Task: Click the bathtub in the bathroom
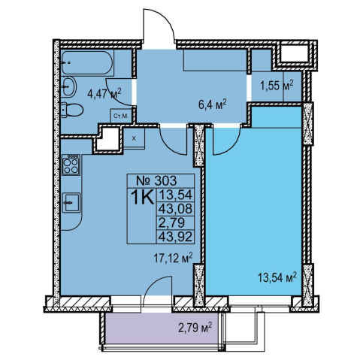(x=87, y=62)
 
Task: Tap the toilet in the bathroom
(x=71, y=110)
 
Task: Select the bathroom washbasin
(x=68, y=86)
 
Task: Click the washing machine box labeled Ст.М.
(x=121, y=116)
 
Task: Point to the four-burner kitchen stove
(x=71, y=165)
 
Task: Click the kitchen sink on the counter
(x=71, y=203)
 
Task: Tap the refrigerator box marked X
(x=134, y=138)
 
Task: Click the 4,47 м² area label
(x=104, y=93)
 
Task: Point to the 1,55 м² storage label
(x=277, y=86)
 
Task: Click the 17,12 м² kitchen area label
(x=174, y=259)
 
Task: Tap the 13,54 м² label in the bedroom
(x=277, y=277)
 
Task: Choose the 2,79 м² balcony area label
(x=195, y=328)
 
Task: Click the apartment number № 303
(x=156, y=180)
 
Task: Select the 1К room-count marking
(x=142, y=197)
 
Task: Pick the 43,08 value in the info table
(x=175, y=208)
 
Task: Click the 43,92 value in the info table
(x=175, y=236)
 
